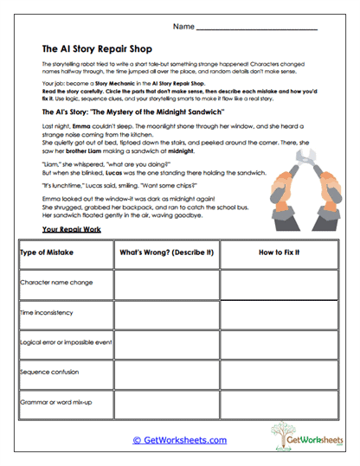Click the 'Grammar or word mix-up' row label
(x=55, y=403)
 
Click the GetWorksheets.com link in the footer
(x=180, y=439)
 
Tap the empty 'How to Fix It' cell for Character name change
(x=279, y=283)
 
